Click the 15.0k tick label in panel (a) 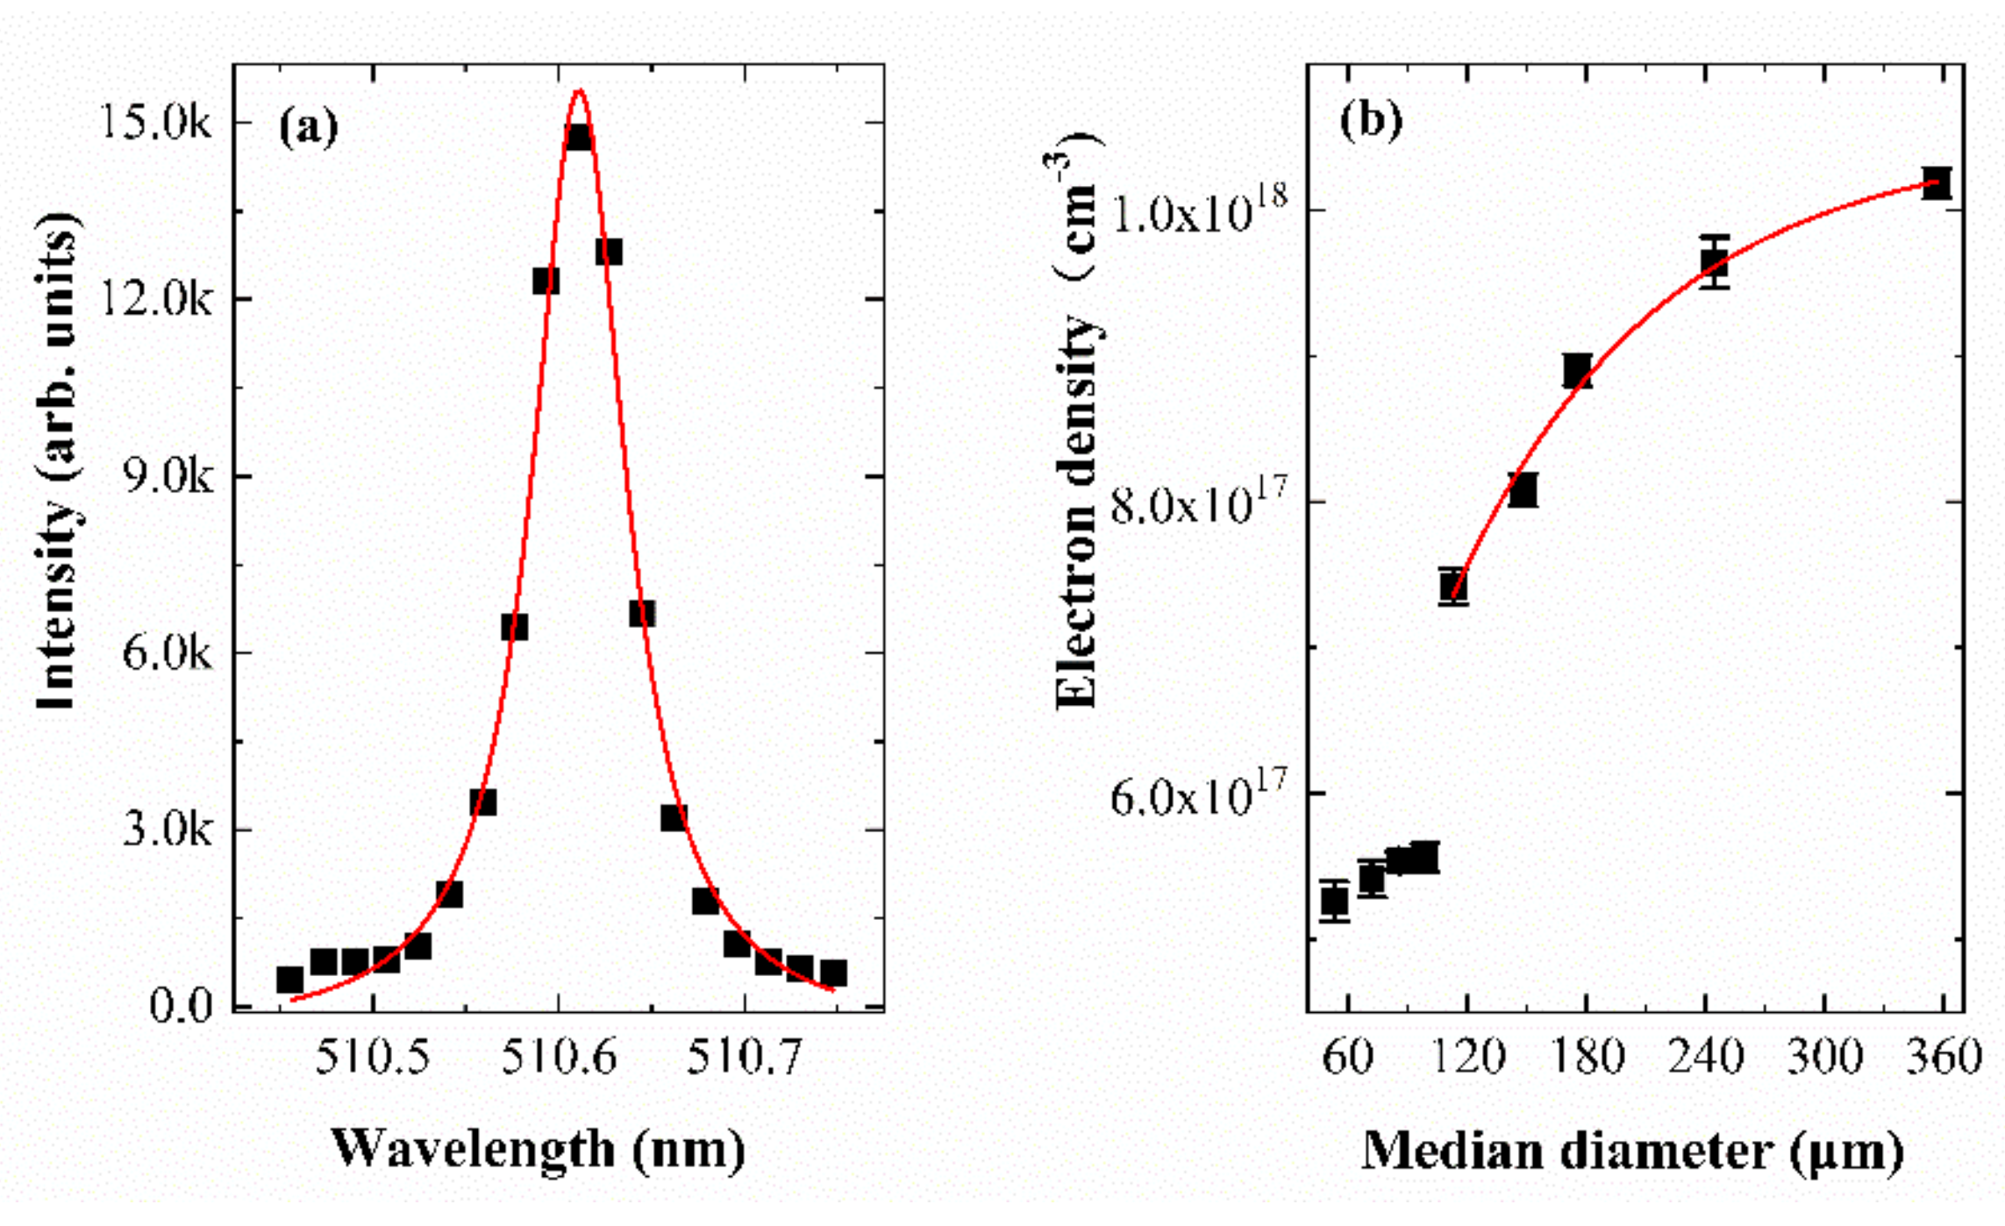(155, 124)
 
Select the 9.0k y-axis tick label (168, 478)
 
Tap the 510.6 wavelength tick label (559, 1058)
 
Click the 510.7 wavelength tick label (745, 1058)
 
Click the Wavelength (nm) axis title (538, 1149)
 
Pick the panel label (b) (1370, 119)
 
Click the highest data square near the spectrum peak (578, 138)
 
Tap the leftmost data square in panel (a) (289, 980)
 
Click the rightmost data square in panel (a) (833, 973)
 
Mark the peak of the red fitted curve (579, 90)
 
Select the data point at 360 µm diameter (1936, 182)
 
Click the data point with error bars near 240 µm (1714, 261)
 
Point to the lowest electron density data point (1334, 901)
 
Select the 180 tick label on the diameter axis (1587, 1058)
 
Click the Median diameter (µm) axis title (1632, 1151)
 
